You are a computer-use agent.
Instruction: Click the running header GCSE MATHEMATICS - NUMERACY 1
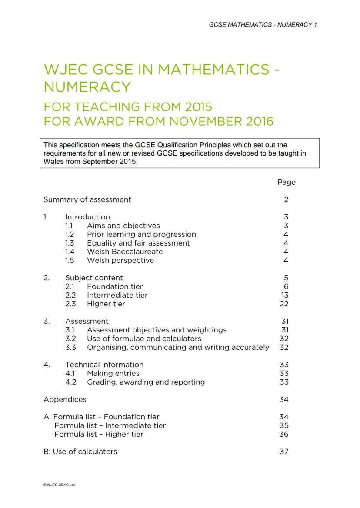pos(263,24)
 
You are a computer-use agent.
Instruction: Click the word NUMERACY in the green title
pos(87,87)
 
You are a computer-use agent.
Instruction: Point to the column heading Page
pos(287,182)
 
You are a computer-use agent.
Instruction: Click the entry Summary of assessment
pos(87,199)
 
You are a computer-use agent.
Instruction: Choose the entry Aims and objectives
pos(123,226)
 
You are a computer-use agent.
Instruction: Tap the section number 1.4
pos(70,252)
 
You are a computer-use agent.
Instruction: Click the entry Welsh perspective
pos(120,260)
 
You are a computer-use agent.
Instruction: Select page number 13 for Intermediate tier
pos(284,295)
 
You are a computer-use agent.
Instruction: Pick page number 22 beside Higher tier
pos(284,304)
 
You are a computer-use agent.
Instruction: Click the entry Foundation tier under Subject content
pos(114,286)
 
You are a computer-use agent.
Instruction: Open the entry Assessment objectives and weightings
pos(157,330)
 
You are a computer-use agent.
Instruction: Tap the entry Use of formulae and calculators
pos(144,339)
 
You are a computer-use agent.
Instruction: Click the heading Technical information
pos(104,365)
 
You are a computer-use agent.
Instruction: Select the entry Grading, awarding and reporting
pos(146,382)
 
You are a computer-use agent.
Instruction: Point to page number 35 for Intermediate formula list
pos(284,425)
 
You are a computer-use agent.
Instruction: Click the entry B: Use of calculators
pos(80,452)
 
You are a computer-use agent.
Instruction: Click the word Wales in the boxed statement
pos(53,161)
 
